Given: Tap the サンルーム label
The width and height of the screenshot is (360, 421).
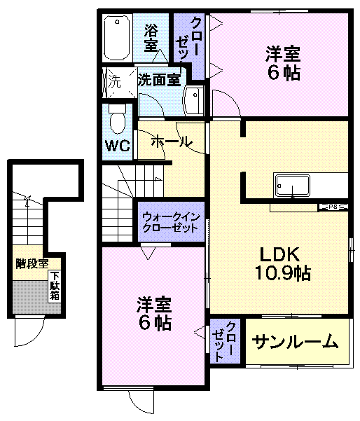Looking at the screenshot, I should (296, 343).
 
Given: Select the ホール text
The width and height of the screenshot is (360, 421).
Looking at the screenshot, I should (171, 141).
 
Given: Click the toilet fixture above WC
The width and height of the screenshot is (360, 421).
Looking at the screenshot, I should (117, 118).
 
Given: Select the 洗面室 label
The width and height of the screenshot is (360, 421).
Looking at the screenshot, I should (159, 80).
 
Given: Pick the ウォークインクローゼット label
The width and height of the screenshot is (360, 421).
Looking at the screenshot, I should (171, 222).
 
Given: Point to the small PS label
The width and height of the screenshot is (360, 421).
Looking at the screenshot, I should (333, 207).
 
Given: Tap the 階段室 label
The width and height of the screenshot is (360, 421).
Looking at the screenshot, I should (32, 264).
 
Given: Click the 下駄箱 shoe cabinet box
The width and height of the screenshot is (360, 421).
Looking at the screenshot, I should (54, 286).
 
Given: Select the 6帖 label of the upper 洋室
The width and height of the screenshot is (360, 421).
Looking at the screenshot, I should (282, 73).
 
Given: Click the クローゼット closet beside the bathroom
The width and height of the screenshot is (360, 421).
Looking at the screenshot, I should (189, 46).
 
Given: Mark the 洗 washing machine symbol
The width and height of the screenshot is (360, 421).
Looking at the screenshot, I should (114, 80).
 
